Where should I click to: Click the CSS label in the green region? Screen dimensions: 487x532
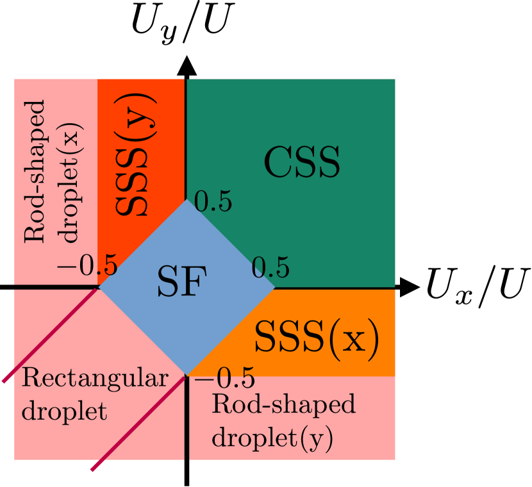[302, 164]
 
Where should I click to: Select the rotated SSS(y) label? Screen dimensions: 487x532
[137, 154]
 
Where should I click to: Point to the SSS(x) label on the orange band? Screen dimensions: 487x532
[317, 337]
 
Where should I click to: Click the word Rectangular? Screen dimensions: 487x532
[95, 379]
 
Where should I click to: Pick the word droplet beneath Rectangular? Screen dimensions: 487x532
[64, 411]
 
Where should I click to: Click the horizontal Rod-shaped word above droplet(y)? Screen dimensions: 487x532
[283, 405]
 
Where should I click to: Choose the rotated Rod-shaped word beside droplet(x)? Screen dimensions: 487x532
[35, 171]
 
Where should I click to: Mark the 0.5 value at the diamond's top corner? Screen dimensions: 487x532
[213, 202]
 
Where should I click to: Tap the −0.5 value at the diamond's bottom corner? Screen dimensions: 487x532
[225, 377]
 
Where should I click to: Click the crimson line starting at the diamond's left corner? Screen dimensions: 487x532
[51, 334]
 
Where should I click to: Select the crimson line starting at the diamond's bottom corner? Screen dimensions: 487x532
[138, 423]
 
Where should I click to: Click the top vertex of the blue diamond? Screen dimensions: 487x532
[187, 200]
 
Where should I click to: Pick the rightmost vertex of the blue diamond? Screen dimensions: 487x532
[274, 287]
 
